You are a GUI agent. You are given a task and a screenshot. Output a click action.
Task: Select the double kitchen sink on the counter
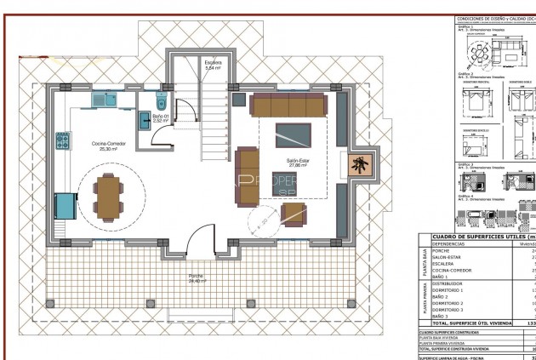[x=105, y=99]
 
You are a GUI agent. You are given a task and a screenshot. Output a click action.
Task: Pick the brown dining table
[x=109, y=196]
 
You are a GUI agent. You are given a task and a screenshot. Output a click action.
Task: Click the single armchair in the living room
[x=295, y=214]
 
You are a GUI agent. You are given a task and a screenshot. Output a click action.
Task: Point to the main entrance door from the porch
[x=200, y=242]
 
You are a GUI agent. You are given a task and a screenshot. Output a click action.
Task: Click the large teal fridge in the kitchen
[x=64, y=206]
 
